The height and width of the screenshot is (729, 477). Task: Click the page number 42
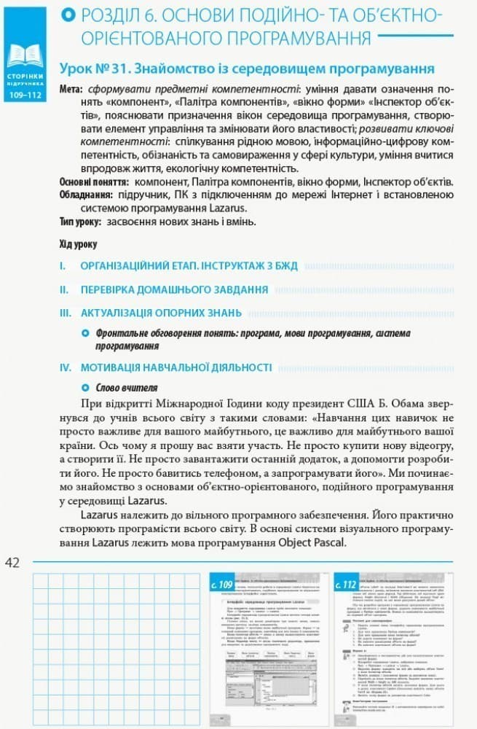click(x=13, y=561)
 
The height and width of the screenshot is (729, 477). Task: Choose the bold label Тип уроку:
click(x=80, y=222)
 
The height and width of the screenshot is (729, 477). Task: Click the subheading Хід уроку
click(x=77, y=244)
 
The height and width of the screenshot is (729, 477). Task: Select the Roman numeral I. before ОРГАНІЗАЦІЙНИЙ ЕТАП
click(x=63, y=266)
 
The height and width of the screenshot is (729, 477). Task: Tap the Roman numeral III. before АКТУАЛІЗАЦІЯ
click(x=66, y=313)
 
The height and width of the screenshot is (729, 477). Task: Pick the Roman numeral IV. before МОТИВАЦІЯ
click(x=66, y=367)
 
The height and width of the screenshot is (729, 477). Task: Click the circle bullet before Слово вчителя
click(x=85, y=388)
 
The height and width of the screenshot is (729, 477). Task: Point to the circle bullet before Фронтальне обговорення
click(x=85, y=333)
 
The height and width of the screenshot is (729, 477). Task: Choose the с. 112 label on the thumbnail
click(x=346, y=585)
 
